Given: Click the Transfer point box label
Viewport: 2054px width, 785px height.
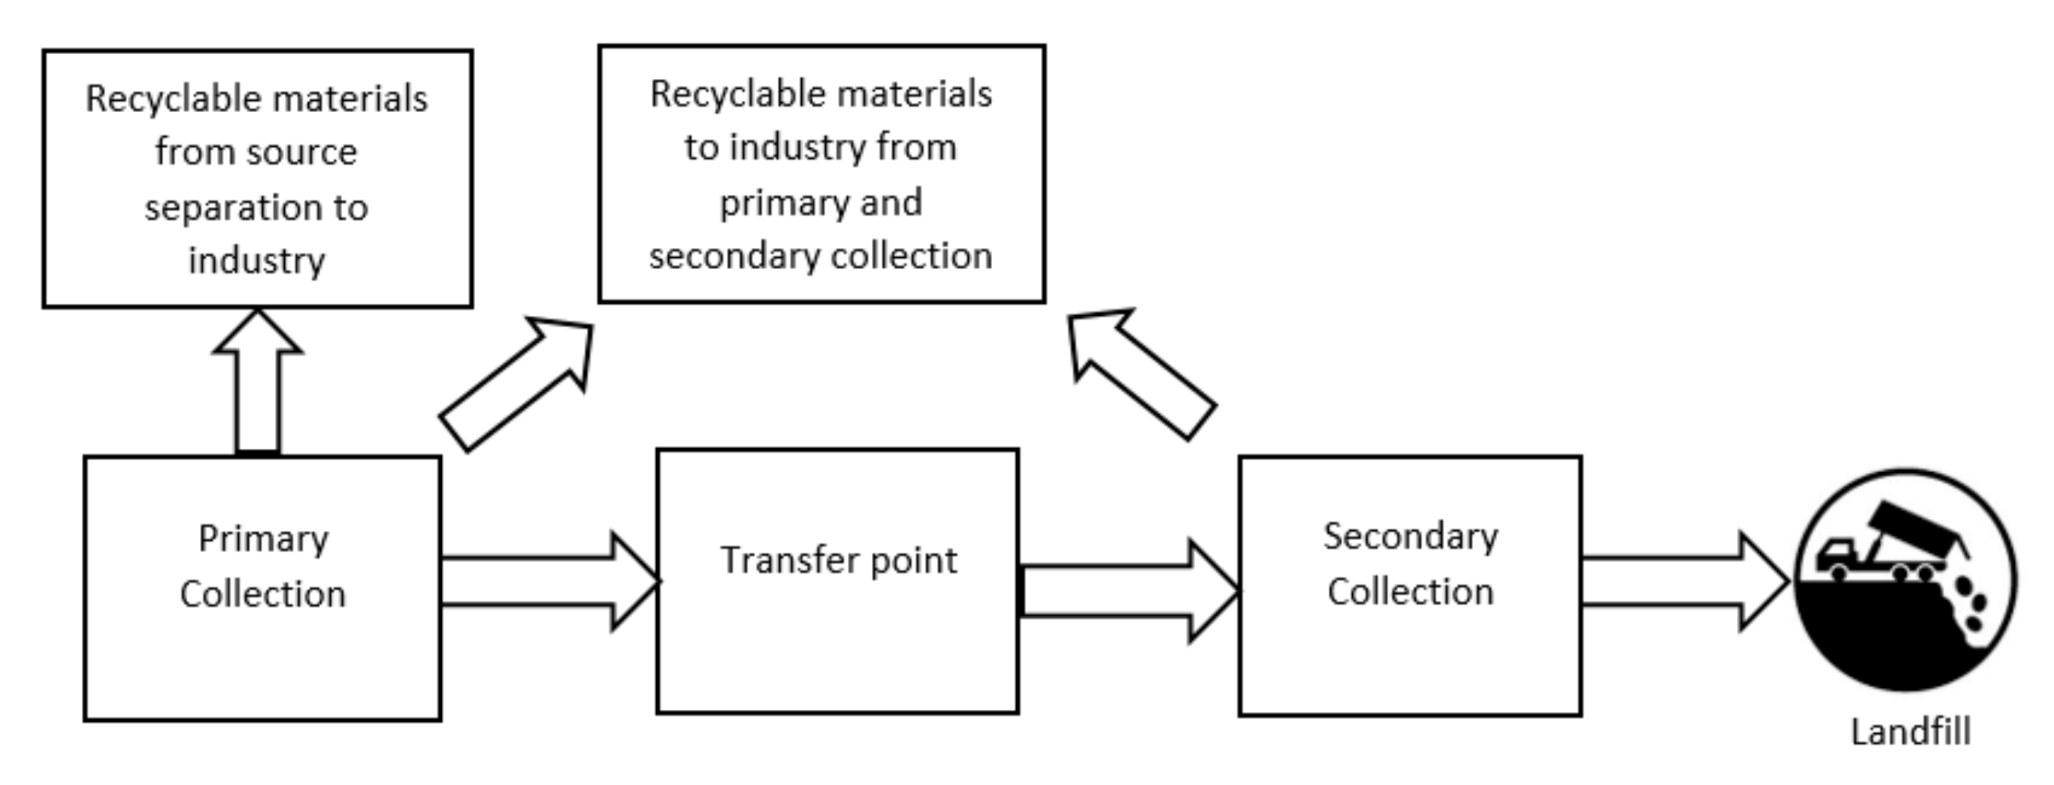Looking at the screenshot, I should pos(838,560).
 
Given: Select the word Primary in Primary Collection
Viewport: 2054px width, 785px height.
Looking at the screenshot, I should pos(263,539).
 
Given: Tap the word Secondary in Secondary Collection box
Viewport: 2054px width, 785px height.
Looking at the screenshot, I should pos(1411,536).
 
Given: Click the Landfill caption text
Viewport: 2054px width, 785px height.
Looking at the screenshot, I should pos(1910,732).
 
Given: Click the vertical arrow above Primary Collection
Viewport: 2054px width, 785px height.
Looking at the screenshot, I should pos(258,383).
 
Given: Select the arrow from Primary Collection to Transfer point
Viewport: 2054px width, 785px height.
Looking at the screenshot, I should pos(550,581).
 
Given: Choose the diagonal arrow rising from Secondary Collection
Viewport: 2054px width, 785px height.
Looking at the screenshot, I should pos(1140,371).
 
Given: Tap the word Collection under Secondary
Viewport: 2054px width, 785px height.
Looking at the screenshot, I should pos(1411,592).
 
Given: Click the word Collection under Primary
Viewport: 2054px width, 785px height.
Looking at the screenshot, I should pos(263,594).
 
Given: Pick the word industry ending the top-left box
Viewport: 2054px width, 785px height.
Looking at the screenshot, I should pos(257,261).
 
